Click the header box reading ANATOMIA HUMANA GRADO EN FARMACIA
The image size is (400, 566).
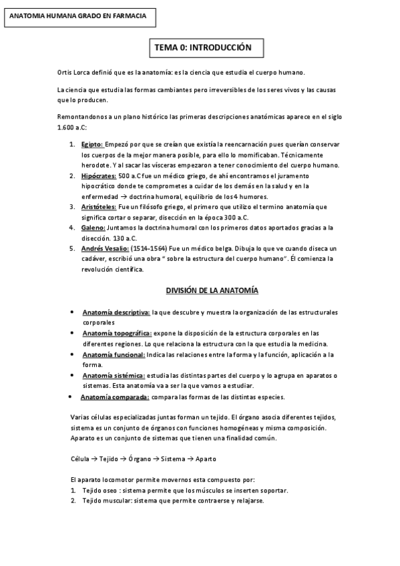79,15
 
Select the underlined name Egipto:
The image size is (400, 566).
92,144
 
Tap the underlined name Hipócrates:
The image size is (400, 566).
98,176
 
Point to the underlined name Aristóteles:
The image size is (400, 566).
98,207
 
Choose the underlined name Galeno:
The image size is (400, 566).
93,228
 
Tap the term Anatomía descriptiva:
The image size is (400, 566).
116,312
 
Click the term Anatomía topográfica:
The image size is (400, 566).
118,332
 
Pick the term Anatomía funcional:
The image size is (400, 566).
114,354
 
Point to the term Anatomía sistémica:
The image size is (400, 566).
115,375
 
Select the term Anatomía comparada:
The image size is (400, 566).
114,397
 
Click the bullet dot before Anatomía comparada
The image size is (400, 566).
71,397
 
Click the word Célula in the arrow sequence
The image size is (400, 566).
79,459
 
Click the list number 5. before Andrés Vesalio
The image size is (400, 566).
73,248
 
